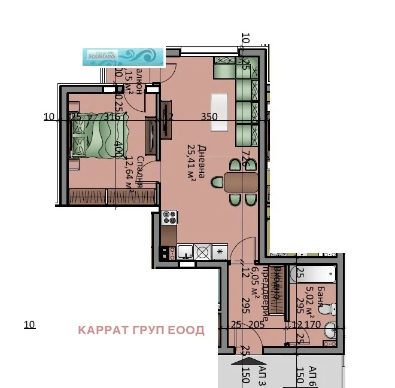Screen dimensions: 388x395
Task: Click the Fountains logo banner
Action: (x=123, y=56)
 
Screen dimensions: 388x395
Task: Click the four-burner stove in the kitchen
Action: (x=169, y=217)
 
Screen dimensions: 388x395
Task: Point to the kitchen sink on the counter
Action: (x=185, y=252)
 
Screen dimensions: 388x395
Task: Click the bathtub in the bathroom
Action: (x=315, y=275)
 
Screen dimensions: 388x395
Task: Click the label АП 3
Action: (x=262, y=375)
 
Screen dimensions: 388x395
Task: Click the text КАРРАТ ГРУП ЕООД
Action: (x=141, y=331)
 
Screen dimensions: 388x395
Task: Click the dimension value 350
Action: (x=209, y=117)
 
